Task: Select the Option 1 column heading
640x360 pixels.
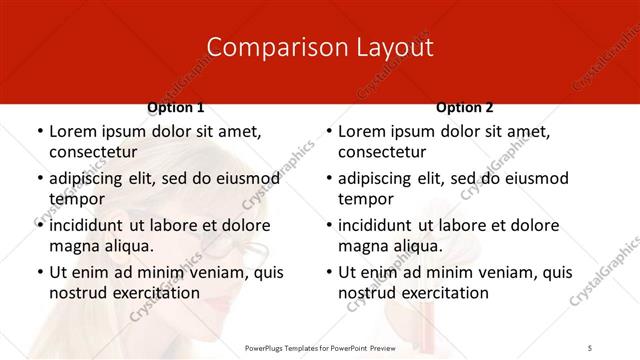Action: [176, 107]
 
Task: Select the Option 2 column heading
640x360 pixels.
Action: [465, 107]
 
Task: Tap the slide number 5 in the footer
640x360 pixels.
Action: [590, 346]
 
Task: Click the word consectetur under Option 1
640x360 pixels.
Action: [96, 152]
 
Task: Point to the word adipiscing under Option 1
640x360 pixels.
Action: [89, 179]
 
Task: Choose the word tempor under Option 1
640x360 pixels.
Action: [76, 199]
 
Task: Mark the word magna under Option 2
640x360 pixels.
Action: [362, 246]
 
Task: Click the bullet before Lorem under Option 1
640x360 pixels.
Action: [39, 132]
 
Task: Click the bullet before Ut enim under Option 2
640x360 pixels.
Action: [328, 273]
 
